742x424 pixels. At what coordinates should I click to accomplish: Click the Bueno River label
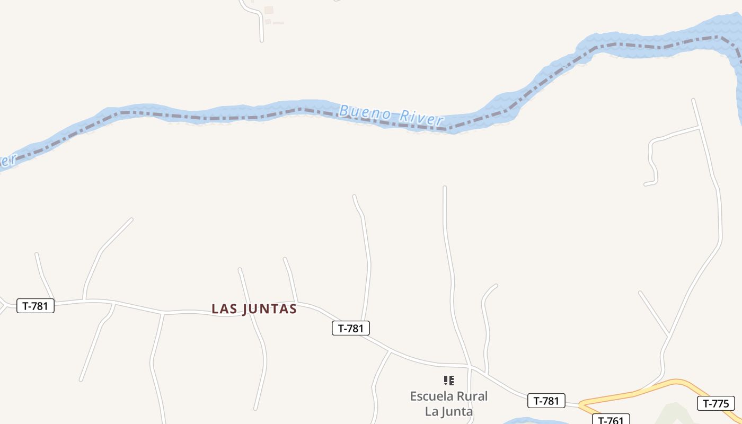391,115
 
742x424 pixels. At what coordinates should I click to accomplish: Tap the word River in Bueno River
421,118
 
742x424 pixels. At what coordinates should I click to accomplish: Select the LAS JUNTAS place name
254,309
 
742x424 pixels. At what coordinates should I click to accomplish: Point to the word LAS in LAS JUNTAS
223,309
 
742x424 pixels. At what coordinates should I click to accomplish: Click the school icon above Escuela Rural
449,380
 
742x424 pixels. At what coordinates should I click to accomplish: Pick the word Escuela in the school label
431,396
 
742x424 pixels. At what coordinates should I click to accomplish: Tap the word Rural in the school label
471,396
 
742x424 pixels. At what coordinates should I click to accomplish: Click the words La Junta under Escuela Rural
449,411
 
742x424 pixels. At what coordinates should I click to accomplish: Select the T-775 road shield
715,403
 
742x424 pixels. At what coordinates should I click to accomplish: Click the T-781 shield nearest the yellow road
546,401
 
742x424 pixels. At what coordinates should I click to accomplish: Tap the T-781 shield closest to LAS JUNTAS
350,328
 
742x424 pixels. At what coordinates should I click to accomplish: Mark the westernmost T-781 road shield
36,306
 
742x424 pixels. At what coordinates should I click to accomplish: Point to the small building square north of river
269,10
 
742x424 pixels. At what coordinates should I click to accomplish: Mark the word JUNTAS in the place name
269,309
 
